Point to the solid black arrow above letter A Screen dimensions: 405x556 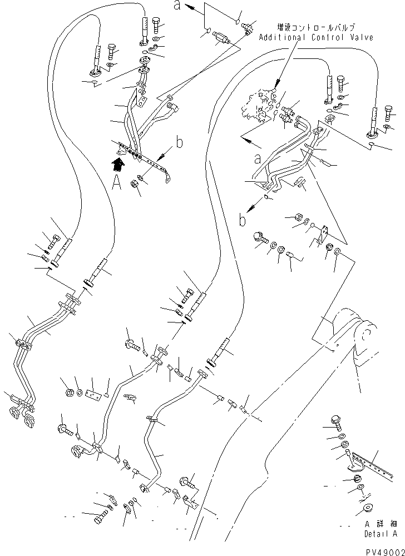118,165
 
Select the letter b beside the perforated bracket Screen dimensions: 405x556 180,142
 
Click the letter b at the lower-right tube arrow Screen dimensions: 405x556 242,220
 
